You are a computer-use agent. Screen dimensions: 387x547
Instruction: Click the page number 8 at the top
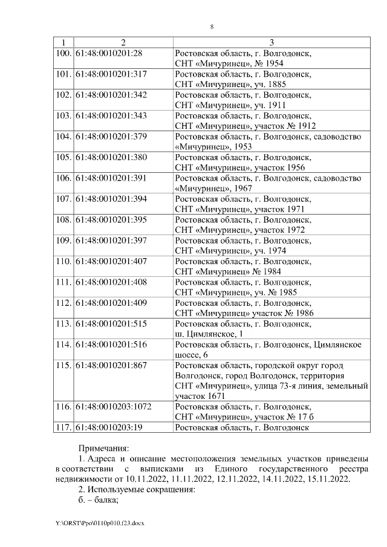coord(212,27)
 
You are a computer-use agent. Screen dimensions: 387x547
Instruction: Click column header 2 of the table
coord(123,42)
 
